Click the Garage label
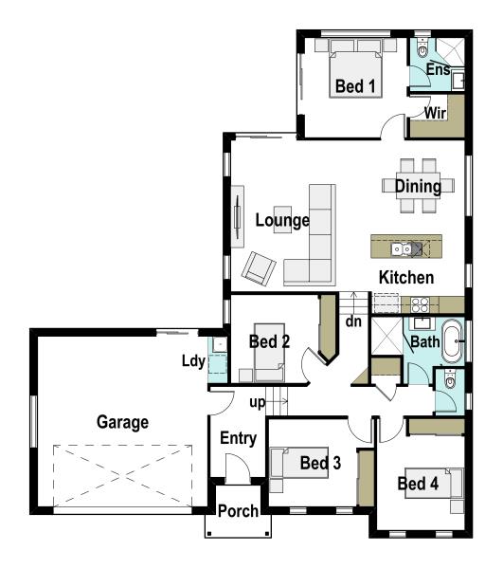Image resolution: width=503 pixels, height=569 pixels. (122, 422)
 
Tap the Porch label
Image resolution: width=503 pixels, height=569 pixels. (238, 512)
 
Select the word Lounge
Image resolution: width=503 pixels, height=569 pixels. (282, 221)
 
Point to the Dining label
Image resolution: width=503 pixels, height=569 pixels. (418, 187)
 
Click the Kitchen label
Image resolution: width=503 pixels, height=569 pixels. (406, 278)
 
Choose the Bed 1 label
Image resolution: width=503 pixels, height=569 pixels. (355, 86)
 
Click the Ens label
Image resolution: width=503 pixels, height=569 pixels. (437, 69)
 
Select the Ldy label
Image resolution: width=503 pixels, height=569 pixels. (193, 360)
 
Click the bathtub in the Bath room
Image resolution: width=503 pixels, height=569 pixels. (454, 342)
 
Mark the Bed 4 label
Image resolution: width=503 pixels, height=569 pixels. (418, 484)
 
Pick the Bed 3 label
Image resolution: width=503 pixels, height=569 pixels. (319, 464)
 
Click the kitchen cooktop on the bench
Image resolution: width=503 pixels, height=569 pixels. (417, 304)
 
